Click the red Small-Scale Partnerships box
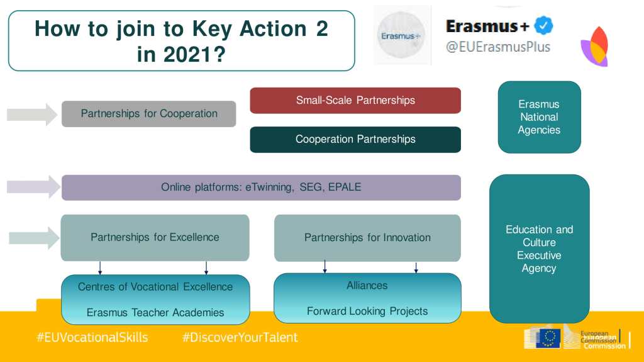click(x=355, y=100)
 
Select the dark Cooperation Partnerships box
click(x=355, y=140)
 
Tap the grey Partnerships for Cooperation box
click(x=148, y=114)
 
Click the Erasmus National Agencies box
click(x=539, y=117)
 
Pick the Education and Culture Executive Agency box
click(x=539, y=249)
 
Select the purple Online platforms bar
click(x=261, y=188)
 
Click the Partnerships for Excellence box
click(x=155, y=238)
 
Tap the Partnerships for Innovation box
click(x=367, y=238)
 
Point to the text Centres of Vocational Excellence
click(x=155, y=286)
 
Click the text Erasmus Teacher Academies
click(x=155, y=313)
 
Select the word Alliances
click(x=367, y=285)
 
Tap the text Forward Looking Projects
click(x=367, y=312)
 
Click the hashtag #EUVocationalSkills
click(x=92, y=337)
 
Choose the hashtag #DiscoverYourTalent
click(x=240, y=337)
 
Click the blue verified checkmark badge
click(x=543, y=26)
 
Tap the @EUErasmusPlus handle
click(x=498, y=47)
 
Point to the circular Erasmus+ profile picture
click(x=401, y=35)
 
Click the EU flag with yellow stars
click(x=548, y=338)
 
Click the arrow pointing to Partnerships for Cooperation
click(x=32, y=115)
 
